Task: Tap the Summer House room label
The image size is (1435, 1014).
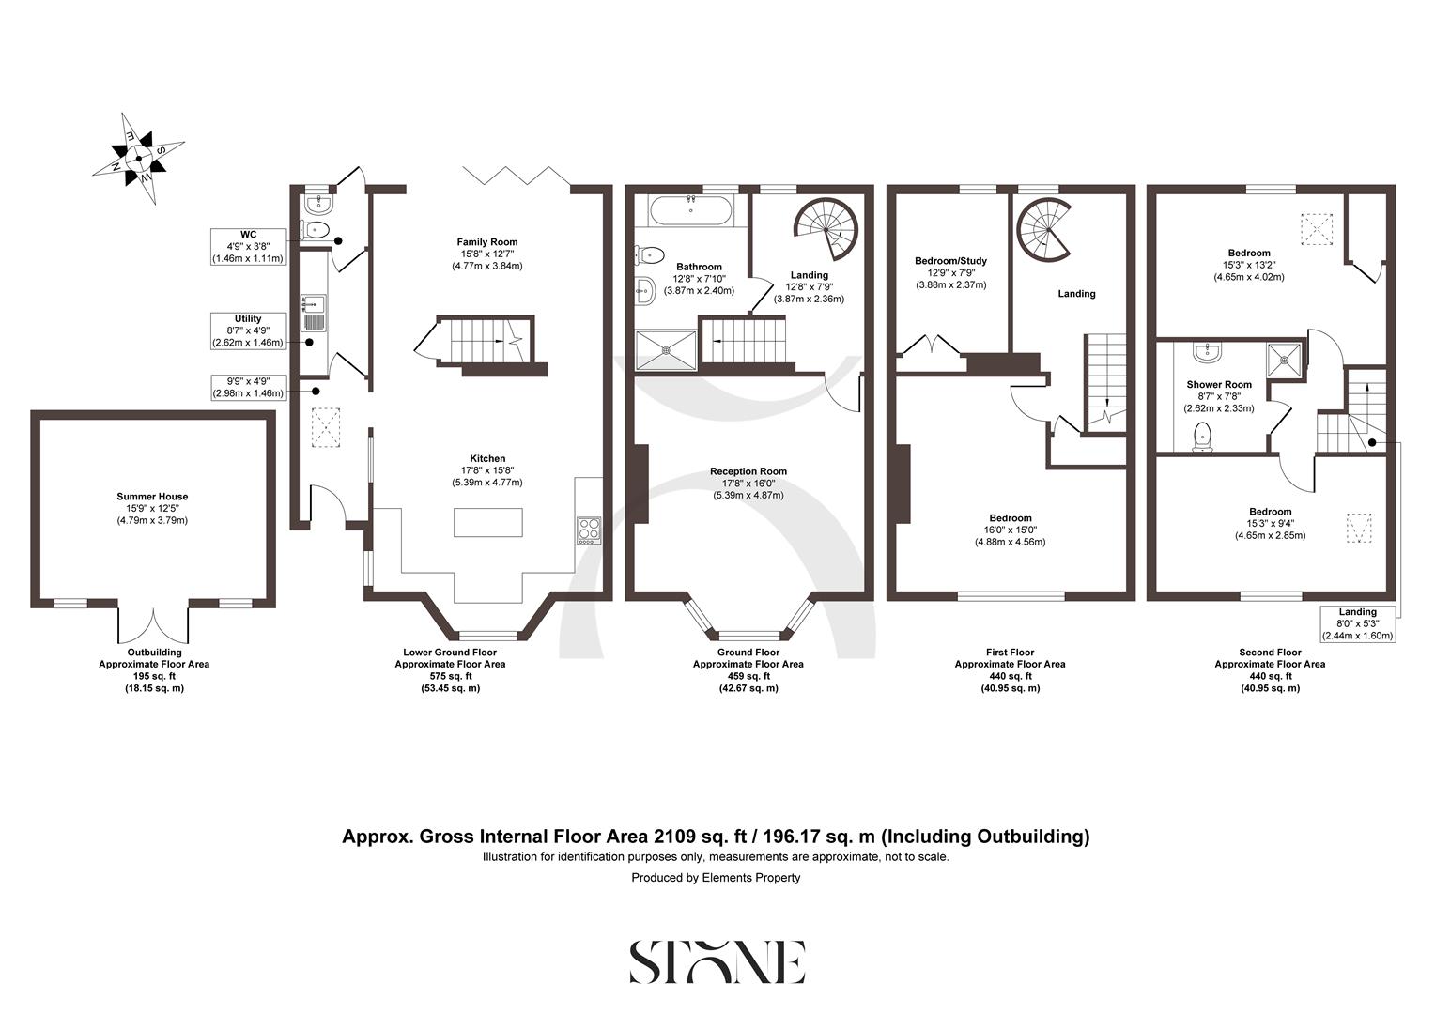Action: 152,497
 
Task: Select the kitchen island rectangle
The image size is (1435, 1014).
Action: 488,521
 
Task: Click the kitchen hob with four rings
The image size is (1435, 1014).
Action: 589,530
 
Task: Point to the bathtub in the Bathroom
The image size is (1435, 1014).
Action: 690,209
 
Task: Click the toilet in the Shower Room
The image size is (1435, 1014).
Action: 1203,438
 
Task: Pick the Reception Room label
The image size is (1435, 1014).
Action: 748,471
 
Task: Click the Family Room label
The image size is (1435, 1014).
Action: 487,242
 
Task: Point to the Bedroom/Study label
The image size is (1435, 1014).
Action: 950,261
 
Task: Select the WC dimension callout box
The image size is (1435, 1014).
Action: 248,246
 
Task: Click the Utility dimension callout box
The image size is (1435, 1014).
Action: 248,331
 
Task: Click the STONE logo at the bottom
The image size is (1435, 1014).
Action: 717,961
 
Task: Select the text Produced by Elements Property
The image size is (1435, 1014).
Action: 716,878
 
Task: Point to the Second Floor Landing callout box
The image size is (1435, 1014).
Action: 1357,624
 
